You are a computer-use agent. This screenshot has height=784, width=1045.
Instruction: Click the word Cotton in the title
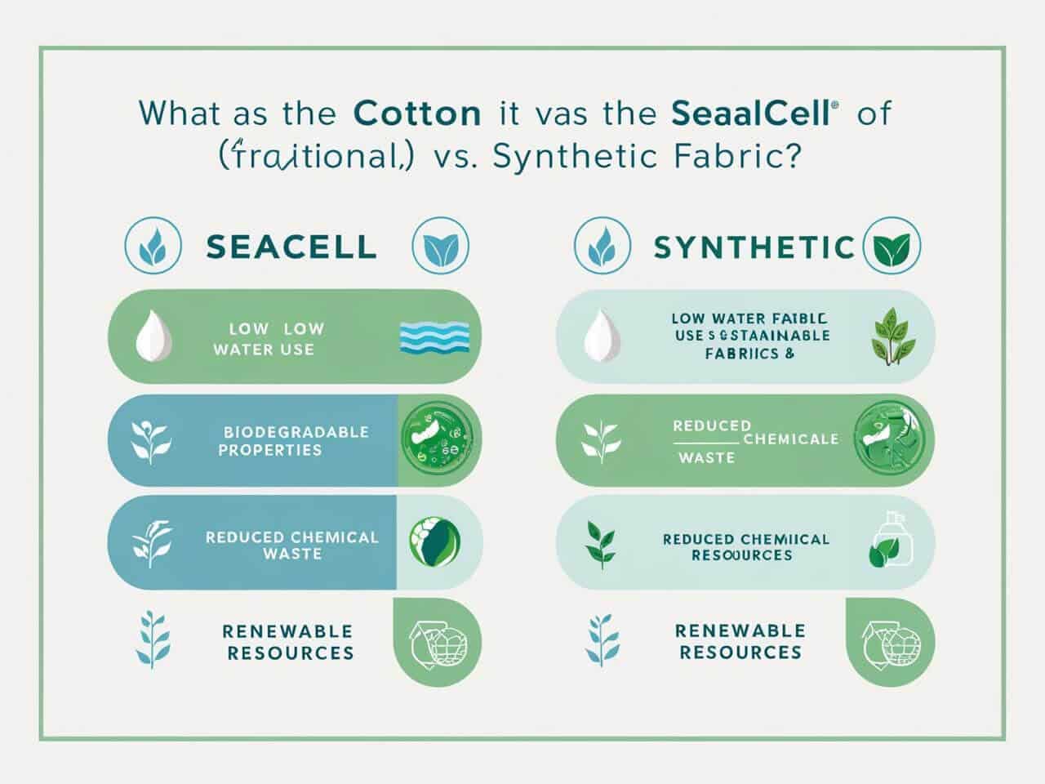pyautogui.click(x=417, y=113)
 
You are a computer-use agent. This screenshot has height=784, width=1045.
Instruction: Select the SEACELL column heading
pyautogui.click(x=291, y=247)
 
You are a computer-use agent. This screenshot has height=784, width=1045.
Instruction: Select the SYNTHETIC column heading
pyautogui.click(x=754, y=247)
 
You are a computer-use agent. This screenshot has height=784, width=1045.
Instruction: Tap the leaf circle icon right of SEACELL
pyautogui.click(x=440, y=246)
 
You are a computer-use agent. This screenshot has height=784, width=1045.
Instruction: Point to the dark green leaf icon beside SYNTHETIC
pyautogui.click(x=892, y=246)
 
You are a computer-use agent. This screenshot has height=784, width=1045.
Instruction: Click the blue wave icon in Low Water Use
pyautogui.click(x=435, y=337)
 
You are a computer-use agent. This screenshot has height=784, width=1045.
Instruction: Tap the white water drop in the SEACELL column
pyautogui.click(x=153, y=336)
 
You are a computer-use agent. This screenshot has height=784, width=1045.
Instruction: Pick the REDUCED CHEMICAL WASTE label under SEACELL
pyautogui.click(x=291, y=546)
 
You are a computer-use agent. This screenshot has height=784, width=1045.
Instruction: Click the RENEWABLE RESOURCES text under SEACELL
pyautogui.click(x=290, y=642)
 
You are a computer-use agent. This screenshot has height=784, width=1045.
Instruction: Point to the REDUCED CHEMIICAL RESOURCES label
pyautogui.click(x=745, y=547)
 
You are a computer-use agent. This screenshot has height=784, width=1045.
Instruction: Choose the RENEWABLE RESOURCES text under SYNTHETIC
pyautogui.click(x=740, y=642)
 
